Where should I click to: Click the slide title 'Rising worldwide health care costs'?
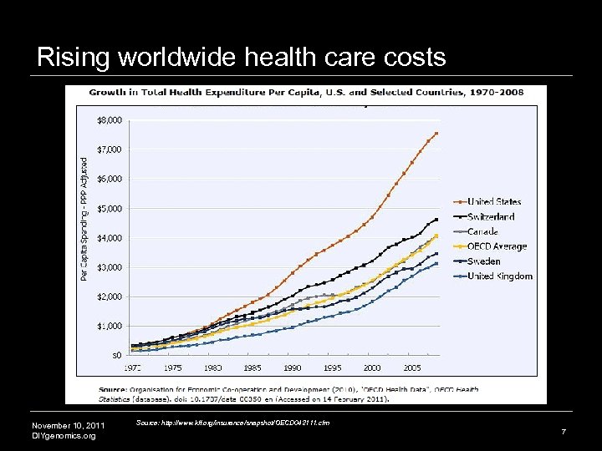coord(242,57)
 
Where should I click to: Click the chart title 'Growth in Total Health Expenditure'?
coord(306,92)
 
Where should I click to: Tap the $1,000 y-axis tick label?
coord(110,326)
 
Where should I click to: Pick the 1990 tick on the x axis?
coord(293,367)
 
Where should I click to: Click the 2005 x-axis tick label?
coord(411,367)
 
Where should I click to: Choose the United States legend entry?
coord(493,201)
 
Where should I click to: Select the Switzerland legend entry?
coord(490,216)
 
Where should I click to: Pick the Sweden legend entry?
coord(484,261)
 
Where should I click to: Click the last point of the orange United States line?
coord(436,134)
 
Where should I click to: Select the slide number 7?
coord(564,432)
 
